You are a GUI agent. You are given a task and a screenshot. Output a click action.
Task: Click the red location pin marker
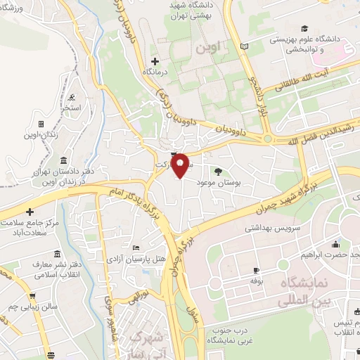181,165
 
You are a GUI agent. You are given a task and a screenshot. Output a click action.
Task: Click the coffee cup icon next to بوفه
256,271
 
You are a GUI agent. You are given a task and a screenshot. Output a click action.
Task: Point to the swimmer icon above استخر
73,96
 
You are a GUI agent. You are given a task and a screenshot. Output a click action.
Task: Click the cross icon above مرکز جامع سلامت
30,212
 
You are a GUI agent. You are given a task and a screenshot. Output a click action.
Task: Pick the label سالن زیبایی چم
34,308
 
